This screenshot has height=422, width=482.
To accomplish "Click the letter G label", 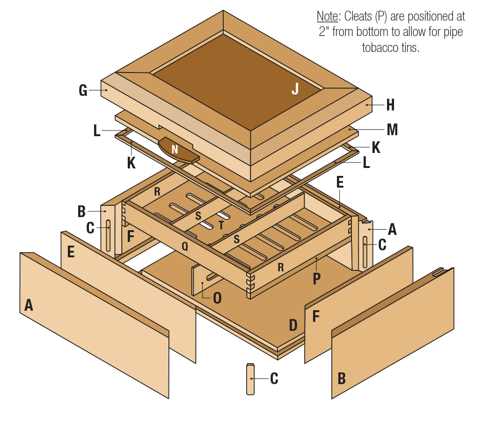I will click(x=83, y=90).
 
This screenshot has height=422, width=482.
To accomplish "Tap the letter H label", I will click(x=390, y=105).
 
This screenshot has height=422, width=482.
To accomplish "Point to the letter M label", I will click(x=392, y=130).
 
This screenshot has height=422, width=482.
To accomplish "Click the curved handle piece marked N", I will click(x=175, y=150).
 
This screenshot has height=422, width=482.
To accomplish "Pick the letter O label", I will click(x=217, y=298).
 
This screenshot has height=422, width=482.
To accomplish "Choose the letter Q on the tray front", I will click(x=185, y=247).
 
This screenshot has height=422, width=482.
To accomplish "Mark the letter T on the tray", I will click(x=221, y=226).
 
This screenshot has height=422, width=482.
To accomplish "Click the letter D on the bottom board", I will click(x=293, y=325).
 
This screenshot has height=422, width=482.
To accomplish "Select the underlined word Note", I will click(x=328, y=16).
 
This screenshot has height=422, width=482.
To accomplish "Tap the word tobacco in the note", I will click(x=379, y=48).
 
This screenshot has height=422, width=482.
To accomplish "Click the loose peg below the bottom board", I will click(x=251, y=379).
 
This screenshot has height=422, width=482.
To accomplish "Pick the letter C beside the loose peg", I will click(x=274, y=378).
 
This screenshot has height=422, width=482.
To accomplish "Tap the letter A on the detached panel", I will click(x=29, y=306).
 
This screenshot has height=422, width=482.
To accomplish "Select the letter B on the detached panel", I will click(x=342, y=378).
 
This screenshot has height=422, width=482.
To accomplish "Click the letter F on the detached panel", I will click(x=316, y=317).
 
